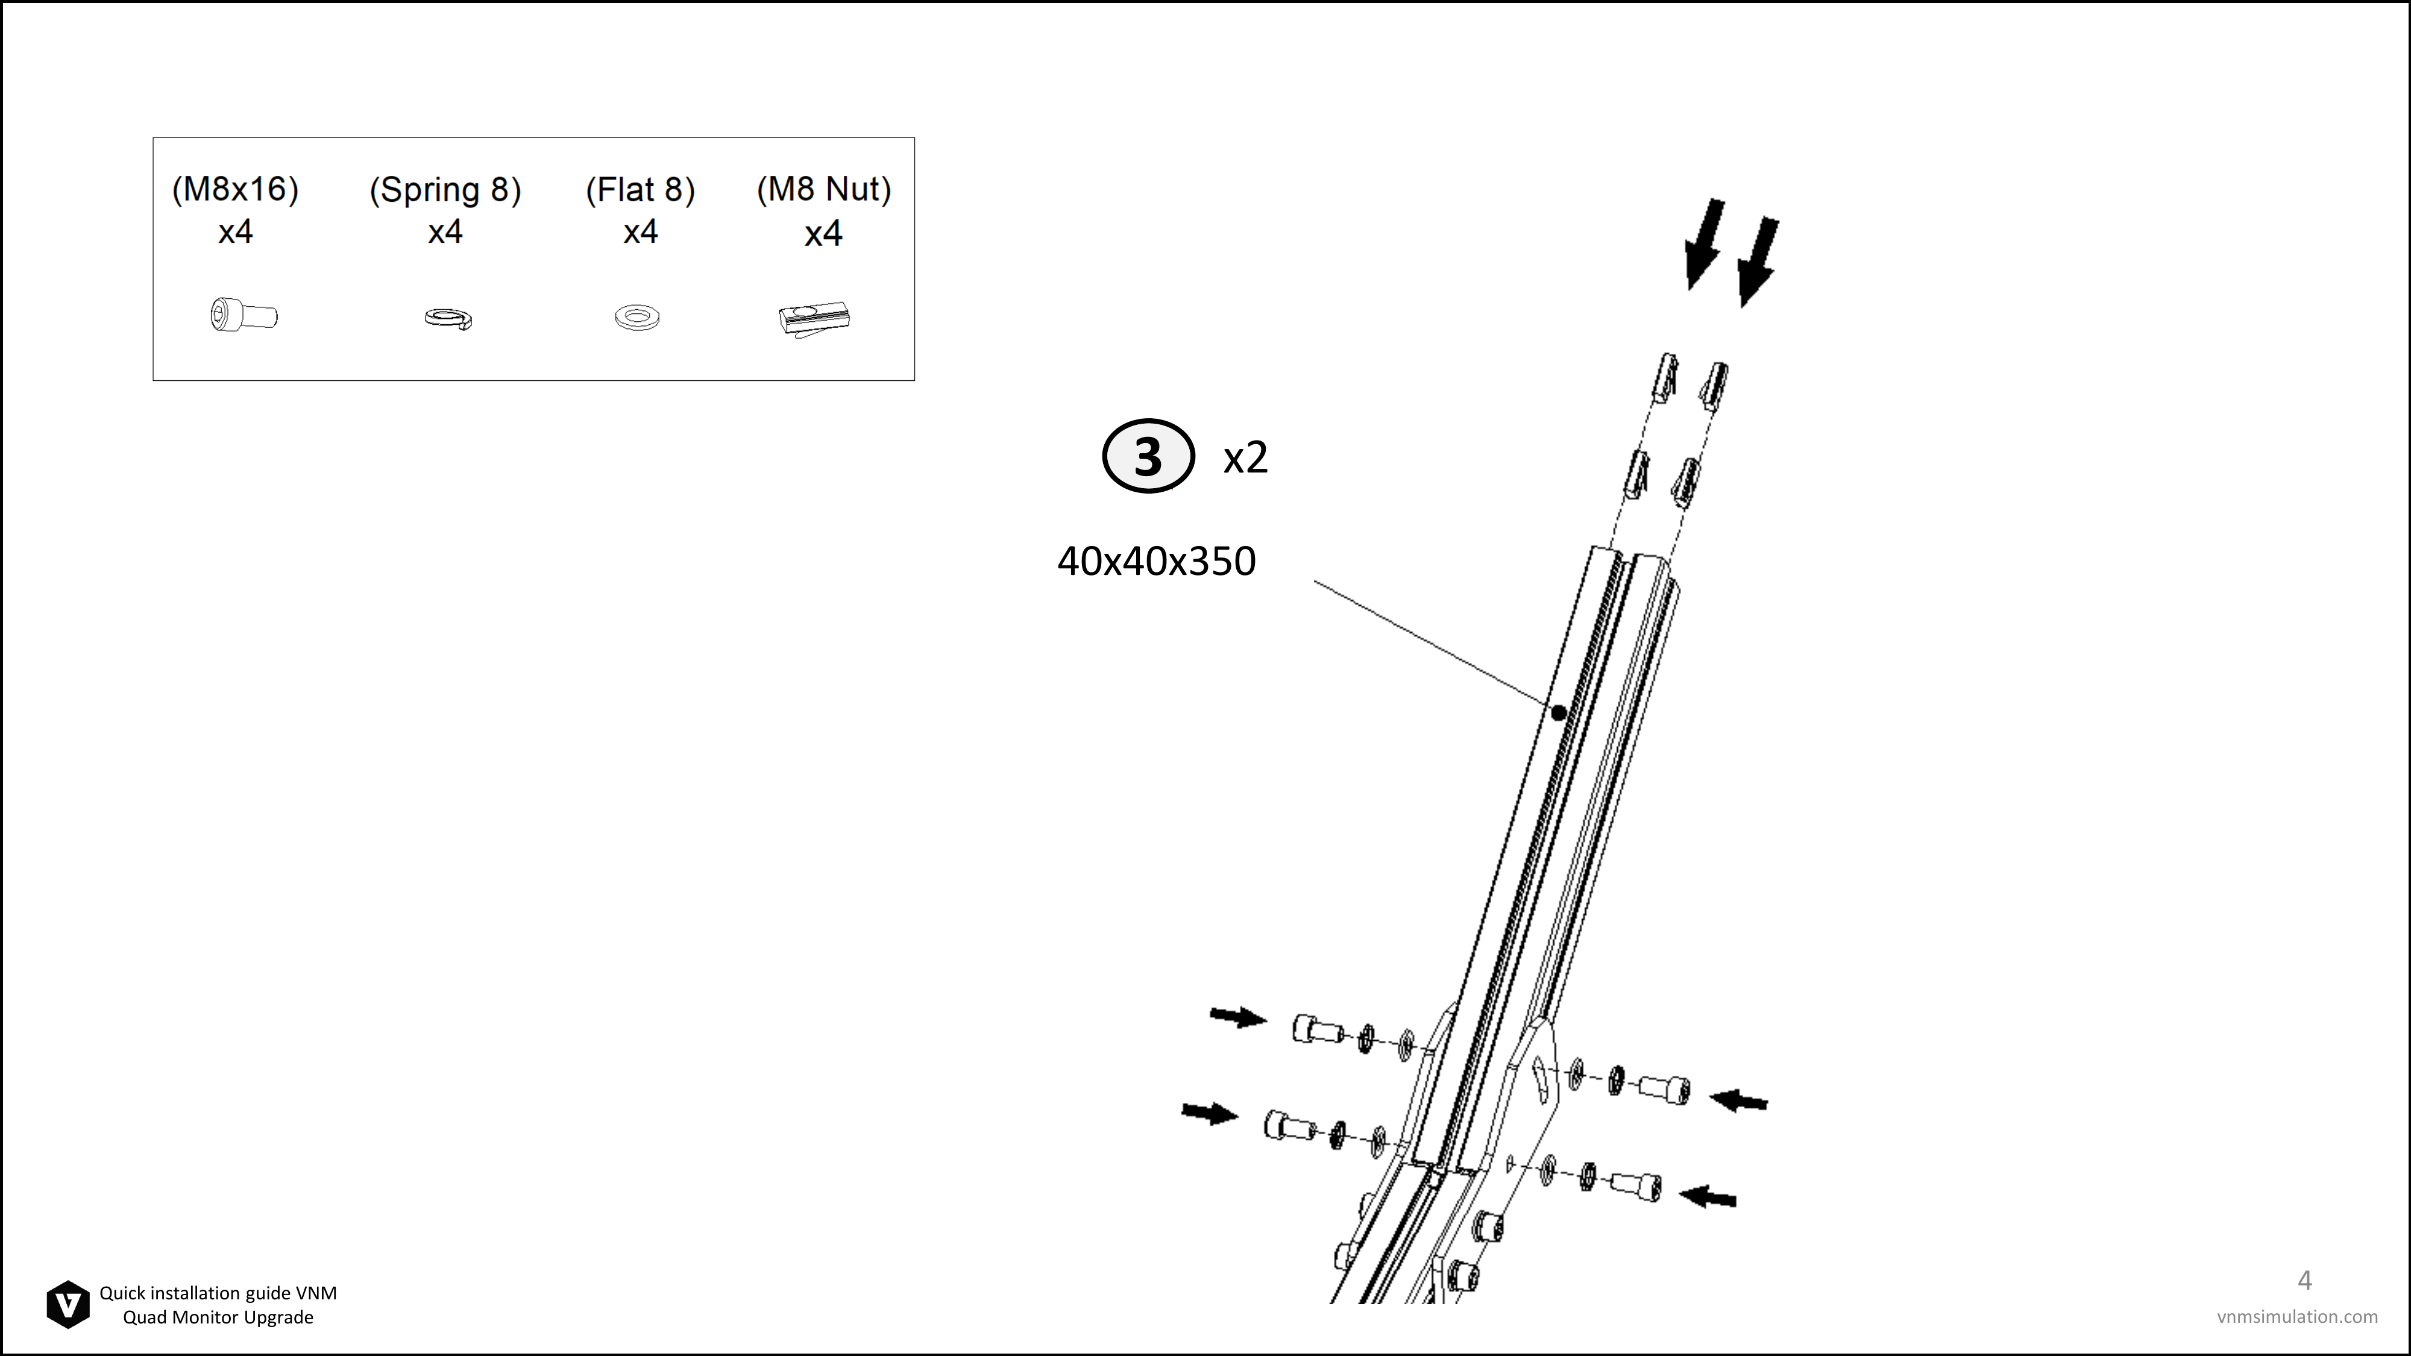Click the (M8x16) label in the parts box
[x=235, y=189]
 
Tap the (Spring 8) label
[x=445, y=190]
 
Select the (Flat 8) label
[x=640, y=190]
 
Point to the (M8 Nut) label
[x=823, y=189]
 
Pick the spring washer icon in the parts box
[x=448, y=318]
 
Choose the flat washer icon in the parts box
[x=637, y=316]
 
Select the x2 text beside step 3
[x=1246, y=457]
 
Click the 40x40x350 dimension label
[x=1157, y=562]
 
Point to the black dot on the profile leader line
[x=1558, y=713]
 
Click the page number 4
[x=2306, y=1279]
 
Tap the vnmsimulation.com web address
[x=2297, y=1317]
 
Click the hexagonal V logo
[x=68, y=1305]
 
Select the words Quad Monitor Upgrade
[x=218, y=1317]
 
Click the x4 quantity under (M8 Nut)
[x=823, y=233]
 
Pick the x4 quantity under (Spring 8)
[x=445, y=232]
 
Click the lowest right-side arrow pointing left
[x=1708, y=1196]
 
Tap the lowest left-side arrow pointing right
[x=1210, y=1114]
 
